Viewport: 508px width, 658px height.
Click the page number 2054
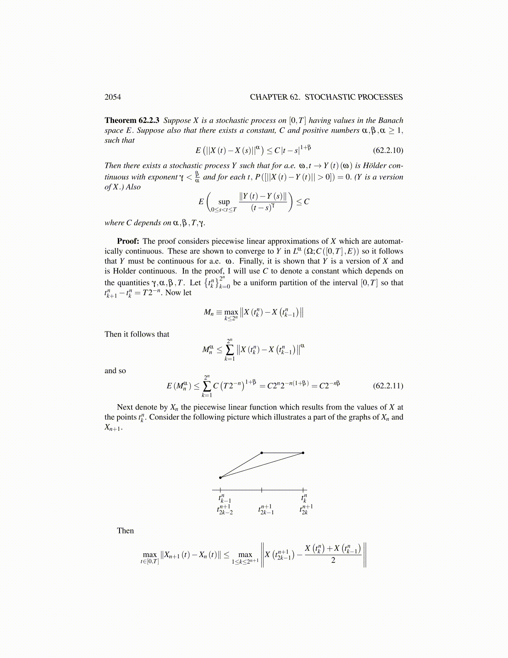(x=112, y=97)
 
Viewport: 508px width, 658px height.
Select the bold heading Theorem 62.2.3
(x=132, y=120)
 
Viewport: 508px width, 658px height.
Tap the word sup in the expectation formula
(x=224, y=202)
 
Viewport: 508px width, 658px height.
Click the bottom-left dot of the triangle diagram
(x=220, y=478)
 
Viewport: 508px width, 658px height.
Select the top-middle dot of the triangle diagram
(x=261, y=453)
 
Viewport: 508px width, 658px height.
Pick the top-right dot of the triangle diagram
(x=303, y=453)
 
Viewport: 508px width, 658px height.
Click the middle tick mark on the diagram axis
(x=261, y=490)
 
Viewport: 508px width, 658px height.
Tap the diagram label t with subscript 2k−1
(x=266, y=510)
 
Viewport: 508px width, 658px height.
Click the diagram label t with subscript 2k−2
(x=225, y=510)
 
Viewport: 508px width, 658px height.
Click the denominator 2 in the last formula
(x=333, y=560)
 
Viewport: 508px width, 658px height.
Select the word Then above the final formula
(x=125, y=531)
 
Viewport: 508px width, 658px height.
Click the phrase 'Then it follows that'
(x=137, y=334)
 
